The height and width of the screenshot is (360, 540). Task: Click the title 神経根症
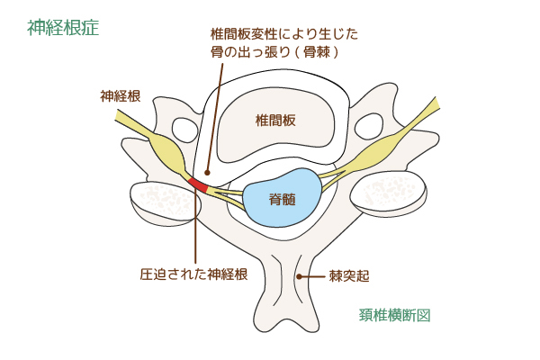[63, 28]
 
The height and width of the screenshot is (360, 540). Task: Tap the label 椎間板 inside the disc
[275, 121]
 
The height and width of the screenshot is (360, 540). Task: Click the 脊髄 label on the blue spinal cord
[283, 200]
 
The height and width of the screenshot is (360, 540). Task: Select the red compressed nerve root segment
[199, 184]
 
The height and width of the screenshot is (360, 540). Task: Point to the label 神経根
[121, 96]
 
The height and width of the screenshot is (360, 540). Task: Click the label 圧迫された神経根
[193, 274]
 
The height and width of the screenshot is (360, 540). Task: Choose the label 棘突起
[349, 276]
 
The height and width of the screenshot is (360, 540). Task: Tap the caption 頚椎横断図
[395, 315]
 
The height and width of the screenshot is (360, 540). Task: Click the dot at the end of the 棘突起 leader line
[300, 276]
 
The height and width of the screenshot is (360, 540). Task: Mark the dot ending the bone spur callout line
[207, 172]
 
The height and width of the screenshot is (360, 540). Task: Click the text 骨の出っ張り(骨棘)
[274, 52]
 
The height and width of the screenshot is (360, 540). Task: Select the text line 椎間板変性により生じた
[284, 34]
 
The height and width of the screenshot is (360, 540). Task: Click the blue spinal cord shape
[283, 197]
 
